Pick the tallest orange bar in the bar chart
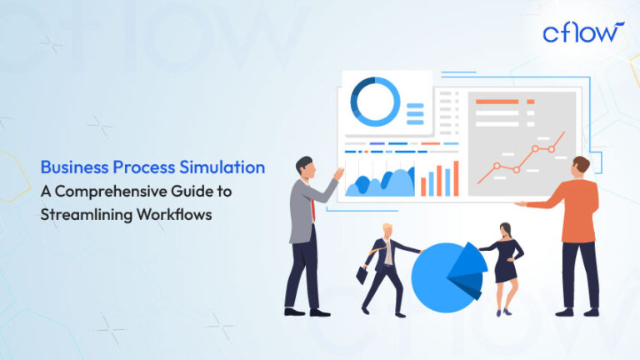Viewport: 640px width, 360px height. pos(456,177)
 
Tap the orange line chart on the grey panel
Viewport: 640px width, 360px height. pos(521,158)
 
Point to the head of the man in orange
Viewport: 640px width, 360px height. pos(581,165)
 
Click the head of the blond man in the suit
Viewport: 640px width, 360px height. pos(386,231)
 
